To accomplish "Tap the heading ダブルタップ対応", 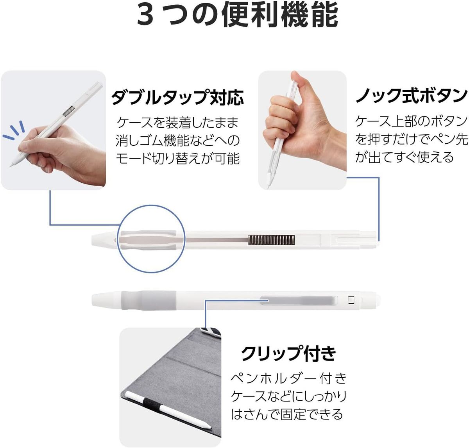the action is click(177, 97).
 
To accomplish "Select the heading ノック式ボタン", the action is click(412, 96).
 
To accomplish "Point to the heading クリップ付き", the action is click(288, 353).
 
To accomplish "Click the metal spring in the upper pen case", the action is click(271, 240).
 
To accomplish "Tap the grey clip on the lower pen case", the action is click(299, 300).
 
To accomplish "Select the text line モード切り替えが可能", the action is click(177, 158).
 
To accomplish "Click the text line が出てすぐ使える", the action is click(404, 157).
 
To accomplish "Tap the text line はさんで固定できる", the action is click(286, 414).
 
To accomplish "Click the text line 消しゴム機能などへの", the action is click(177, 140).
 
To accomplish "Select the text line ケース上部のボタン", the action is click(412, 121).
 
